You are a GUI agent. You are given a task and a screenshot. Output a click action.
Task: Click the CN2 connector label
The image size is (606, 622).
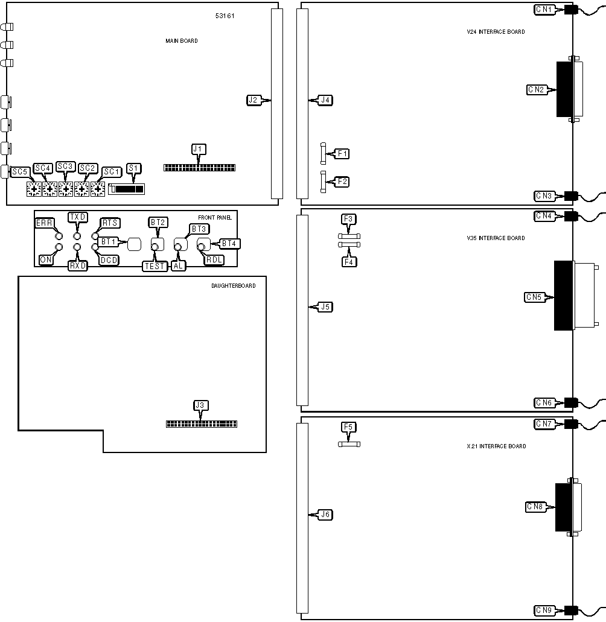[536, 90]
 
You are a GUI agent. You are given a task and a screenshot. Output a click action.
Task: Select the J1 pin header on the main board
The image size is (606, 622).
[199, 168]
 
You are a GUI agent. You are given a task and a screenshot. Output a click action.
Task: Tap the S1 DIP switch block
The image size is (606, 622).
[127, 189]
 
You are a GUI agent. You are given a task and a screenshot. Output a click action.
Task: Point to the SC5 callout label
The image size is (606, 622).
[19, 172]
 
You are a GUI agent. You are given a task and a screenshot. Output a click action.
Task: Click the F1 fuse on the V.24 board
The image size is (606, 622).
[323, 153]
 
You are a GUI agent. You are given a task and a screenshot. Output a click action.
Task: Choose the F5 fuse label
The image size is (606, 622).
[348, 427]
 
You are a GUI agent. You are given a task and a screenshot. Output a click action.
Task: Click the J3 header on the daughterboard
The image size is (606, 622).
[201, 424]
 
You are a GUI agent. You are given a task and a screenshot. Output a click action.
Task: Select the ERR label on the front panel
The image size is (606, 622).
[44, 223]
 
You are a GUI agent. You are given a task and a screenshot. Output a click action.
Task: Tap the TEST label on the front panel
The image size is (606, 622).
[155, 266]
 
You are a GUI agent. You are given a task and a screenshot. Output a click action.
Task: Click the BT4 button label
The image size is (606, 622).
[229, 244]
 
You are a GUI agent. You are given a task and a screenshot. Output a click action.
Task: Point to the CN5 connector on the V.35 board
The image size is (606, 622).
[564, 296]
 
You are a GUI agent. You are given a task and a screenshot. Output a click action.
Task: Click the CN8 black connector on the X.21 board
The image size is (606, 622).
[564, 507]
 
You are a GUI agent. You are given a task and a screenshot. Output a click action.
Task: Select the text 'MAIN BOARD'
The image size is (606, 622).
[181, 41]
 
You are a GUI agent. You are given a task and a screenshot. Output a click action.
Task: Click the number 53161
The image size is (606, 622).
[225, 16]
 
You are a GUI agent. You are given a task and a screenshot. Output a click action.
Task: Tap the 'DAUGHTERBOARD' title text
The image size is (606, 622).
[234, 285]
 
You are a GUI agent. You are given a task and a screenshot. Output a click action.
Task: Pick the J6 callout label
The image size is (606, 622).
[325, 515]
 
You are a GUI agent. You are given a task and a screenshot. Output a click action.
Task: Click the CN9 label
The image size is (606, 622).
[544, 610]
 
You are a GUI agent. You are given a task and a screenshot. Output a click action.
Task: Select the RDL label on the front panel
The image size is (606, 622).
[214, 260]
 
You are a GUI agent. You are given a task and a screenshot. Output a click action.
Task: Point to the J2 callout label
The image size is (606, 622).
[253, 100]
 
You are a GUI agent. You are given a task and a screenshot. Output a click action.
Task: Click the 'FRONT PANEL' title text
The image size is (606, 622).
[215, 217]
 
